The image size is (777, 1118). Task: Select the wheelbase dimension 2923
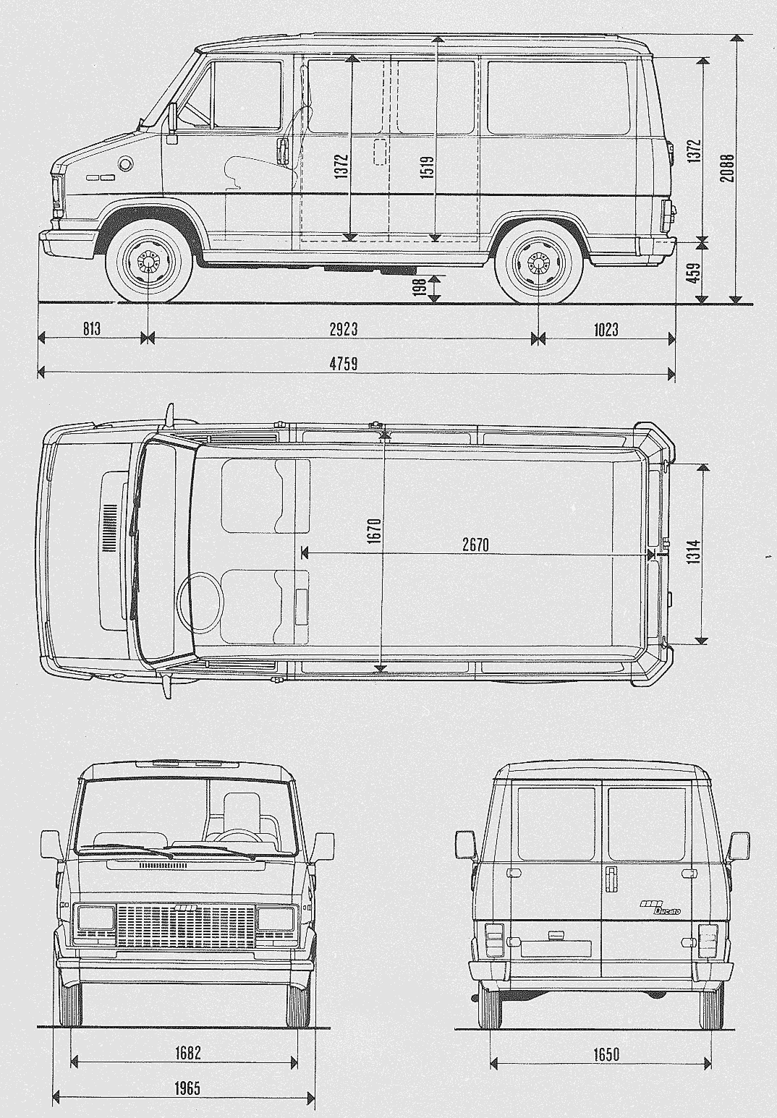coord(344,329)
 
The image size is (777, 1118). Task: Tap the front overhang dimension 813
coord(91,329)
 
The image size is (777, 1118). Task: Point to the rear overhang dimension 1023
coord(606,329)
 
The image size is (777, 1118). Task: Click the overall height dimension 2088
coord(728,167)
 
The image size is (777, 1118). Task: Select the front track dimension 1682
coord(187,1053)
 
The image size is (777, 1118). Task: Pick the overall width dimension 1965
coord(187,1088)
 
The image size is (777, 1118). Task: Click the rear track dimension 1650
coord(606,1054)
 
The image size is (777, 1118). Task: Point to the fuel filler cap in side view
coord(126,163)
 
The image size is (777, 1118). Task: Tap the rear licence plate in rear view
coord(556,947)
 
